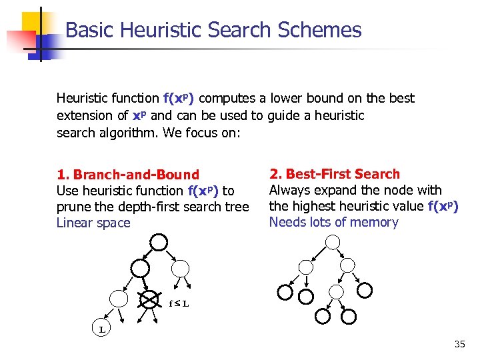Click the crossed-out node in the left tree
pyautogui.click(x=151, y=298)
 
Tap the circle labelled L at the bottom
pyautogui.click(x=101, y=329)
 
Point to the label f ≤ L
pyautogui.click(x=179, y=304)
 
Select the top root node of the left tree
pyautogui.click(x=158, y=241)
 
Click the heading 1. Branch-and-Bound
pyautogui.click(x=128, y=175)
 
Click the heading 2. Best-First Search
pyautogui.click(x=334, y=174)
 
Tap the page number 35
pyautogui.click(x=459, y=344)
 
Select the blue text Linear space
pyautogui.click(x=93, y=223)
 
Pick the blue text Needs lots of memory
pyautogui.click(x=333, y=222)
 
